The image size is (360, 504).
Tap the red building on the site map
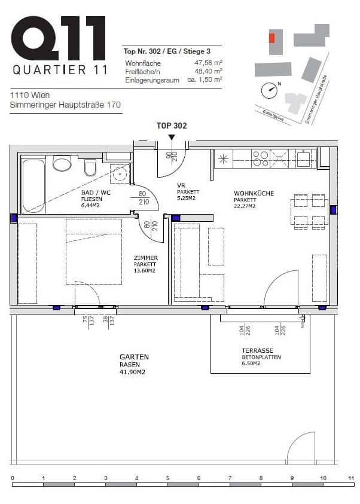272,38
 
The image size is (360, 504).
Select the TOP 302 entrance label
172,126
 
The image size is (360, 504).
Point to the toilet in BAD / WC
90,168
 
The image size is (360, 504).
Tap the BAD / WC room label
96,193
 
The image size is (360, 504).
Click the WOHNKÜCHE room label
254,194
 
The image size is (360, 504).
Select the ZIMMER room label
145,258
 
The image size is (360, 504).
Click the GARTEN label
134,357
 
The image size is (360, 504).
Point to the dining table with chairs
309,210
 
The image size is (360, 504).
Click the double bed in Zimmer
93,251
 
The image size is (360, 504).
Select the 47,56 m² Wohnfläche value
208,62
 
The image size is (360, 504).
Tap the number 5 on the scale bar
167,478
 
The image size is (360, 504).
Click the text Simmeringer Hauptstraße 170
66,105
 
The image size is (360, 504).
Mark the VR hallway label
180,185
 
